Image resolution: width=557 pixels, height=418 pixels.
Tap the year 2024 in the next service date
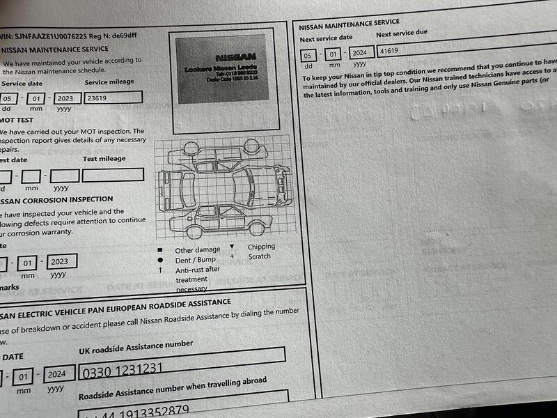point(359,53)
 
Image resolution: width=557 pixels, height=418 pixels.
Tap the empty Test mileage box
point(113,175)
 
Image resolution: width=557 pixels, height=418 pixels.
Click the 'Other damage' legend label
point(197,250)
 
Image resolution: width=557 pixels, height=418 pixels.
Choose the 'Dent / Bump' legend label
point(197,260)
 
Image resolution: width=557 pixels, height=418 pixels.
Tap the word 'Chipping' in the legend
point(261,247)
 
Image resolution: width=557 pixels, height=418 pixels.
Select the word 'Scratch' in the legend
point(259,256)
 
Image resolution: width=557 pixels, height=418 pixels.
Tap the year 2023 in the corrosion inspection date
point(59,262)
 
